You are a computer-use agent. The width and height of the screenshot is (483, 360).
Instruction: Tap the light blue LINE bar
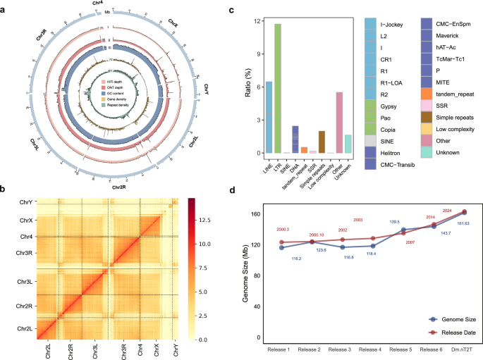(x=268, y=117)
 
